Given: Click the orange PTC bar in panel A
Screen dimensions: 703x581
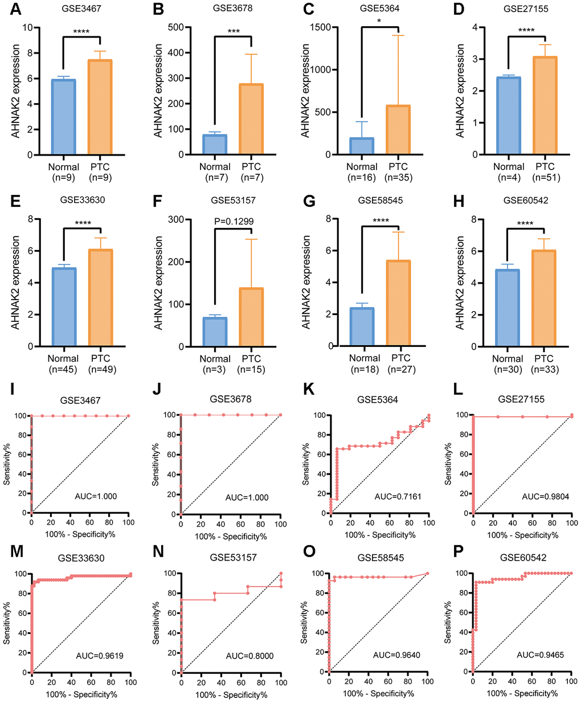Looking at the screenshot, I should pos(100,107).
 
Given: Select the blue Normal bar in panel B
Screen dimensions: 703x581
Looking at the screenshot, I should pos(215,145).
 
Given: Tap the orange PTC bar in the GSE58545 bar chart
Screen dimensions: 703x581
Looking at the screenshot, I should pos(398,303).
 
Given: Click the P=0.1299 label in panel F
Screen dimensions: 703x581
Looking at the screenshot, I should pos(234,222).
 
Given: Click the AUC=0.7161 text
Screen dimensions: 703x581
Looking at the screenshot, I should pos(398,497).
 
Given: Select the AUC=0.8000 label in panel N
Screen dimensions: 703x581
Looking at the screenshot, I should pos(249,656).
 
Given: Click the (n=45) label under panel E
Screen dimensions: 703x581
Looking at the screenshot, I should pos(63,369).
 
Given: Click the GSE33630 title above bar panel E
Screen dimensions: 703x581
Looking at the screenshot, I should pos(82,200).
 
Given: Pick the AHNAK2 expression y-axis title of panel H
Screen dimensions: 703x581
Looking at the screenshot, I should pos(460,283).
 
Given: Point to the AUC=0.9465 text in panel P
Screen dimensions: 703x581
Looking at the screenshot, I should pos(540,655).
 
